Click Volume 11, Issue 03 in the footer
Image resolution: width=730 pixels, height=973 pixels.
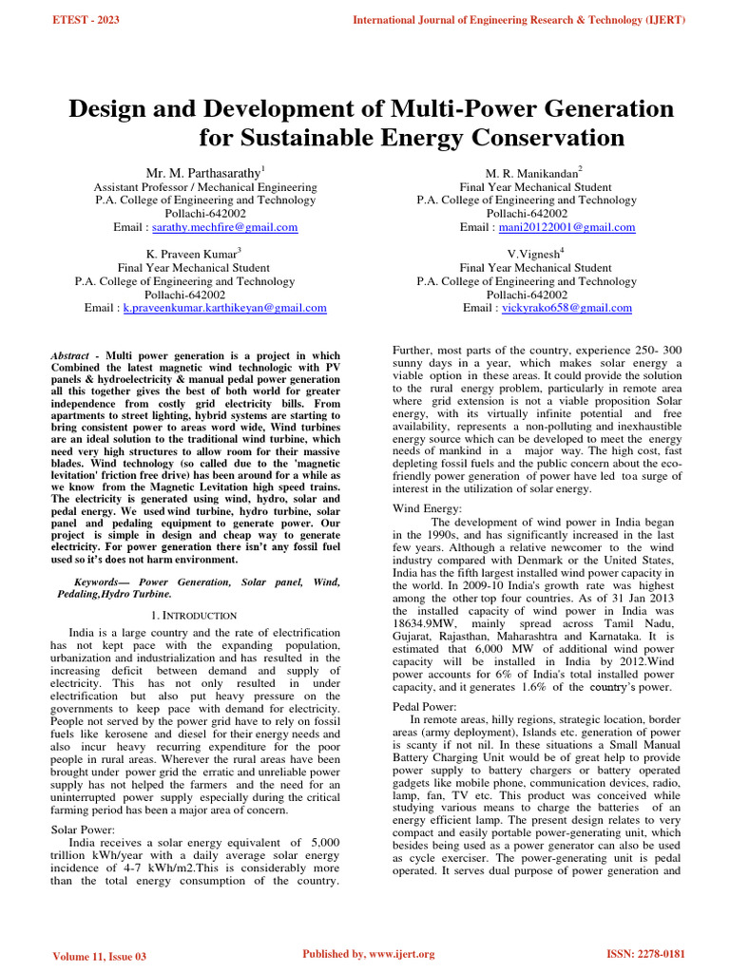tap(100, 954)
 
